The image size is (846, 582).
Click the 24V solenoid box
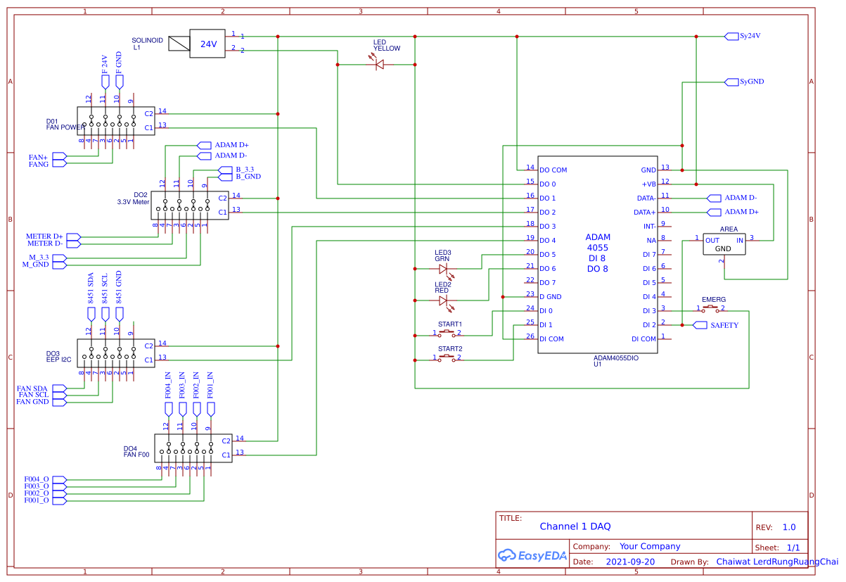coord(208,44)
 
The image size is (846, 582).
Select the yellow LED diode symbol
coord(380,64)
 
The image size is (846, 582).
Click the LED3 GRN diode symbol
coord(443,269)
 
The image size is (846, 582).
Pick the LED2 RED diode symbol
coord(443,301)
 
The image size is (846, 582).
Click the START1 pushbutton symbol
coord(447,333)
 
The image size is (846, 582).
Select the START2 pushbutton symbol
coord(447,358)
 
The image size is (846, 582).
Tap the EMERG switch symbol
coord(711,308)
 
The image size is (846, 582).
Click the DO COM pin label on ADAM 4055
coord(553,170)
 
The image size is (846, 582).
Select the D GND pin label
coord(550,297)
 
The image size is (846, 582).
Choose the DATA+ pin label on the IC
coord(644,212)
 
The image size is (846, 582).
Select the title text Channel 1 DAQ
coord(575,526)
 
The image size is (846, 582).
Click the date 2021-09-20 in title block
coord(629,562)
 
